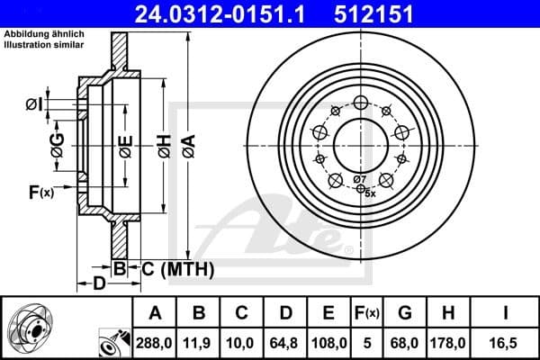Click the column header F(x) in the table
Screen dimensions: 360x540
click(365, 313)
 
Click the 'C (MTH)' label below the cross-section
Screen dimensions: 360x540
click(176, 267)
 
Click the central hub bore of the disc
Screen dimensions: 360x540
click(359, 145)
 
